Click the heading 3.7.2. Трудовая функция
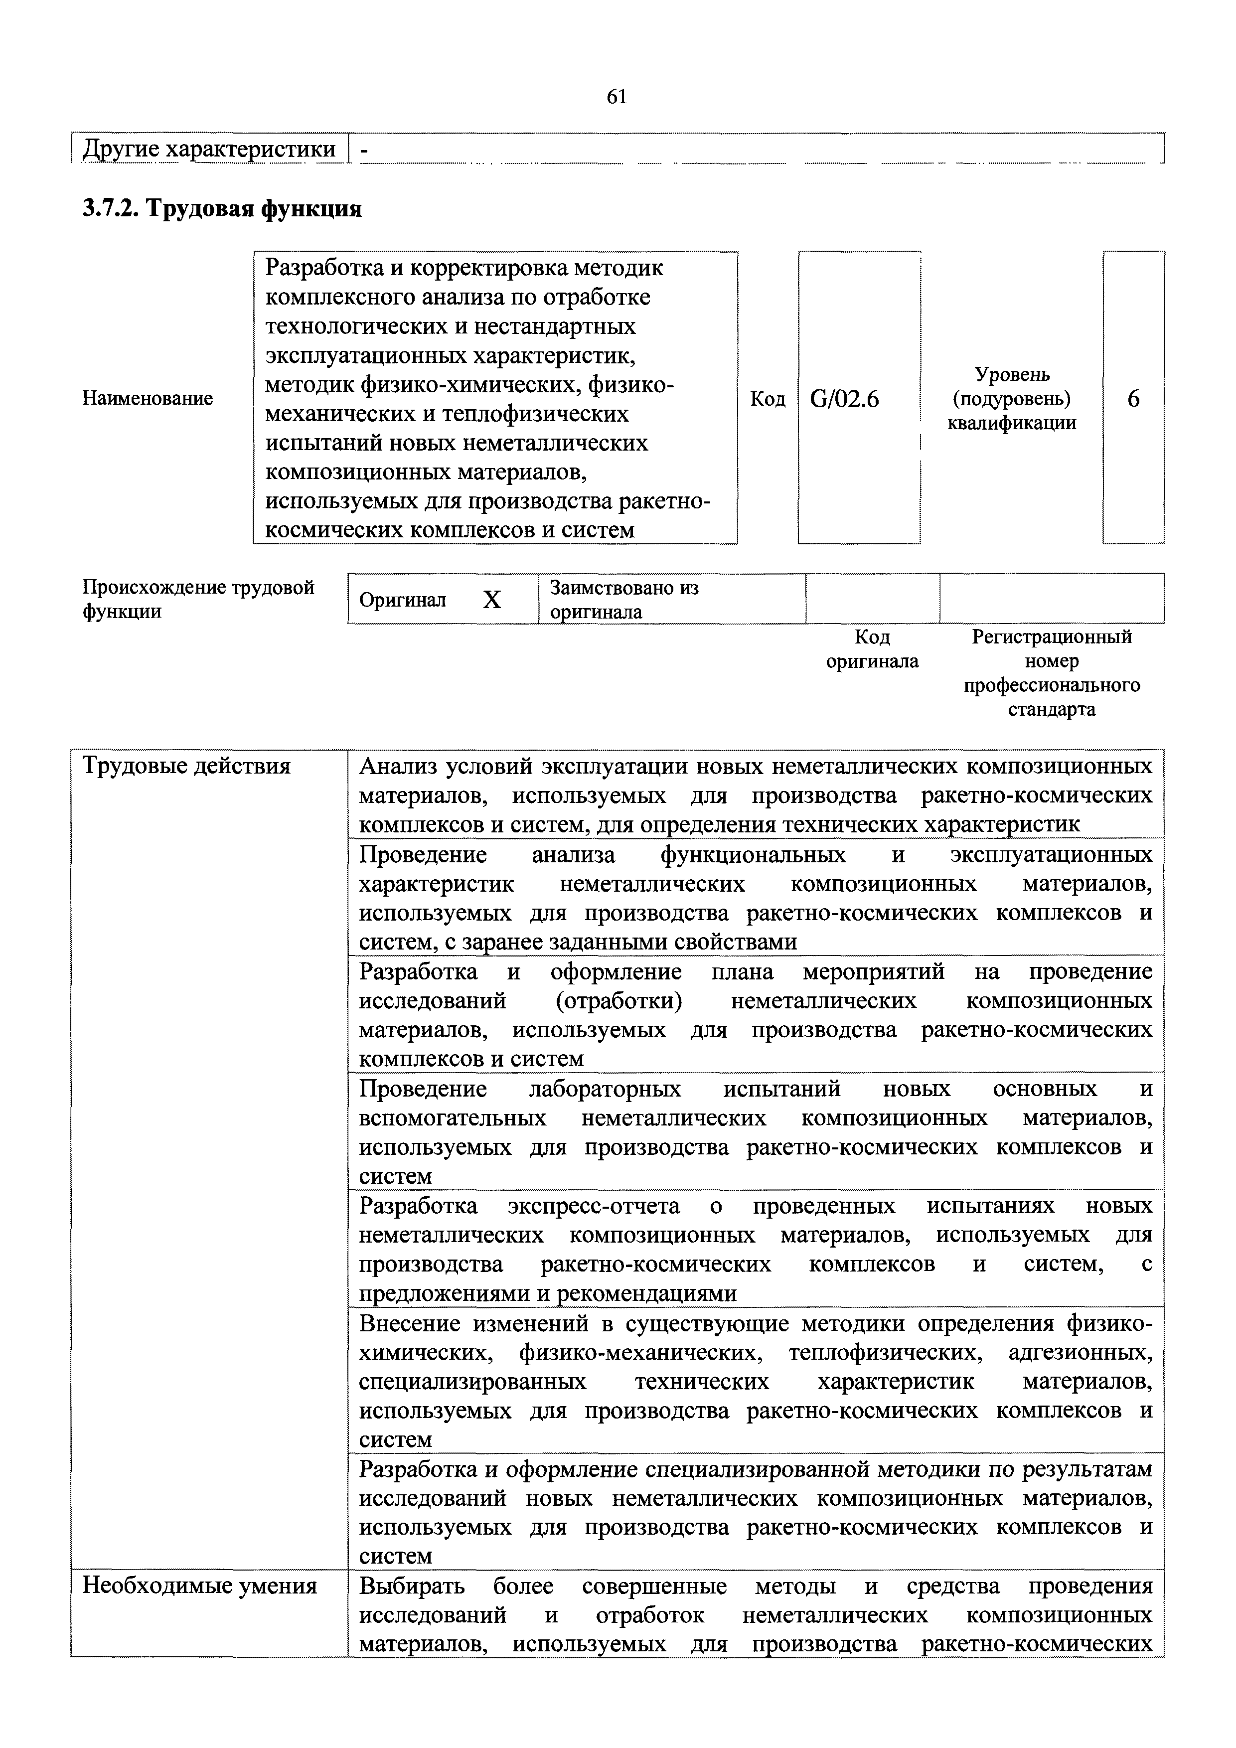(x=221, y=207)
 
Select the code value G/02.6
(x=845, y=398)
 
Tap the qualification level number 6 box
(x=1133, y=398)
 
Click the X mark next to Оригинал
(x=492, y=600)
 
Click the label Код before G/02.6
(x=768, y=398)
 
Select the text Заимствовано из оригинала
(x=624, y=599)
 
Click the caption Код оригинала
(x=872, y=648)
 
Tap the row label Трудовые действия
(x=186, y=765)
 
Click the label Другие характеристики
(x=208, y=149)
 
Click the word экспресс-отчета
(x=594, y=1206)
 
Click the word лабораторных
(x=605, y=1089)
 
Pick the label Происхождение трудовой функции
(x=198, y=599)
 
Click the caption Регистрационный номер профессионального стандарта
(x=1052, y=672)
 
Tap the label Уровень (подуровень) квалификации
(x=1012, y=398)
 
